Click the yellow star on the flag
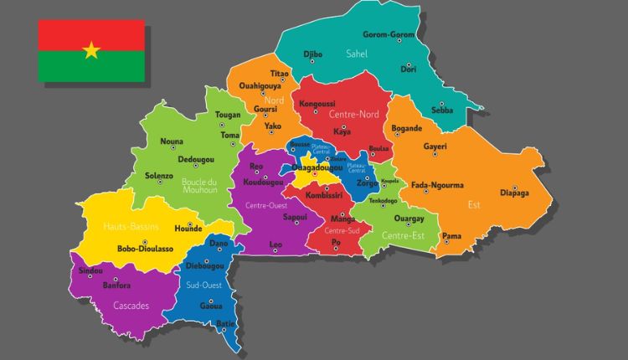tap(91, 50)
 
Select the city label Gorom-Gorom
tap(389, 34)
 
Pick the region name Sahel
tap(358, 54)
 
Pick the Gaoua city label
tap(211, 306)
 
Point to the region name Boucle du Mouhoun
tap(199, 185)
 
